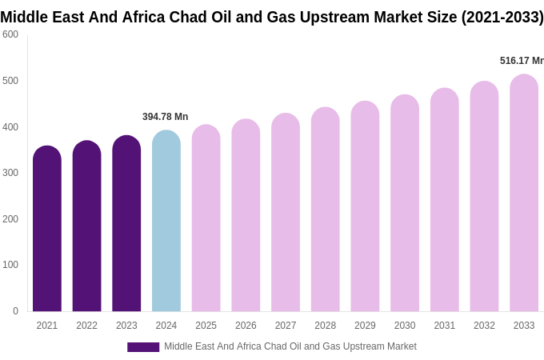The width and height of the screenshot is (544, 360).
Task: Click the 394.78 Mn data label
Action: click(166, 117)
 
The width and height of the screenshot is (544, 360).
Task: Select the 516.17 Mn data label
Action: click(522, 61)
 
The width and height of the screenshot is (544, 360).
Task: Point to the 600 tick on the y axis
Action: click(10, 34)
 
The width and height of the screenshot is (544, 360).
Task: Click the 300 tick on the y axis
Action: click(10, 173)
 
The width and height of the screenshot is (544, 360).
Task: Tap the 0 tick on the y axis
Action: click(15, 311)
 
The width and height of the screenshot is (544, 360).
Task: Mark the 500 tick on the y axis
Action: click(10, 81)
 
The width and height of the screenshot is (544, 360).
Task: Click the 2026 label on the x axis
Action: click(246, 326)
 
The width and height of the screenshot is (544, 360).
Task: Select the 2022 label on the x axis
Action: click(86, 326)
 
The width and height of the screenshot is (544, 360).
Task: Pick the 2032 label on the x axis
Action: click(484, 326)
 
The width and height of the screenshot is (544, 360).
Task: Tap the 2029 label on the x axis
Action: click(365, 326)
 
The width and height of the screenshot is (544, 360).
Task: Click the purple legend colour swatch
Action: click(143, 347)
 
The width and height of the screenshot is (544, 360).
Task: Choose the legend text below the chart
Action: click(290, 346)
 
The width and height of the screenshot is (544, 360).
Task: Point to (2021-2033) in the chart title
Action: click(502, 17)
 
